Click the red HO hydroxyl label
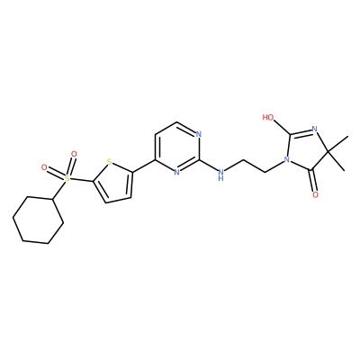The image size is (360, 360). [268, 117]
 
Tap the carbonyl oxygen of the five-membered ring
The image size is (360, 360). [315, 195]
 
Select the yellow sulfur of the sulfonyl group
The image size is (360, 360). [67, 179]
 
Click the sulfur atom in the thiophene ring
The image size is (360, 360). [110, 163]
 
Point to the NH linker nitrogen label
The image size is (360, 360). [221, 175]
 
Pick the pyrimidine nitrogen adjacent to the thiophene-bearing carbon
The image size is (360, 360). [176, 172]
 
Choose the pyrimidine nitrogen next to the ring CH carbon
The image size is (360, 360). [198, 134]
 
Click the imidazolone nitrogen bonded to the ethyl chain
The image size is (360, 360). [287, 159]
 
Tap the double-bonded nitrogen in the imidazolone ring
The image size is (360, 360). [314, 130]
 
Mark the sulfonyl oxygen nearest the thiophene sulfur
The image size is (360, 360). [74, 154]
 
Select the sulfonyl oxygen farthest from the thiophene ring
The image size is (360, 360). [44, 167]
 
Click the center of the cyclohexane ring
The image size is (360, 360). [38, 220]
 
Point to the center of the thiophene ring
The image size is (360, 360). [114, 183]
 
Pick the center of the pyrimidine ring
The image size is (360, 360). [177, 147]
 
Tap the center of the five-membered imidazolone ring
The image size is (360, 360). [306, 151]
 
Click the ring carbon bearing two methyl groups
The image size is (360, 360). [328, 152]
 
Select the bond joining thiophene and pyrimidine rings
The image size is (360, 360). [144, 166]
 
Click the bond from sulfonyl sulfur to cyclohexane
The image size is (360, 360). [60, 190]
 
